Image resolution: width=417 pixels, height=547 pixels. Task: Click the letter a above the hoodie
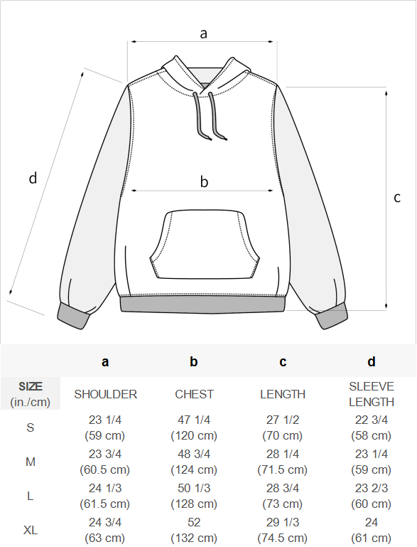click(x=203, y=34)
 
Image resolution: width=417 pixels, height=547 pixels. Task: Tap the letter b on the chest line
click(x=204, y=181)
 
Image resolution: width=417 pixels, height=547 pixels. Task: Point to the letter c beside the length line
click(x=397, y=198)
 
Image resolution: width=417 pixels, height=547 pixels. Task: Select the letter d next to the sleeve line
click(x=33, y=178)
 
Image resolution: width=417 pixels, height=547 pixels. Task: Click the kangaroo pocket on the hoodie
click(x=205, y=245)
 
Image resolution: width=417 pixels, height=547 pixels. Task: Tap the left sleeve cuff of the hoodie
click(x=73, y=316)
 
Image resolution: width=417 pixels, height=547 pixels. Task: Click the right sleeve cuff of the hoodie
click(x=331, y=316)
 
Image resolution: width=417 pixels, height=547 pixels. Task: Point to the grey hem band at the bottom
click(x=202, y=304)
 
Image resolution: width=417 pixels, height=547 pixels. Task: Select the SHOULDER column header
click(x=106, y=394)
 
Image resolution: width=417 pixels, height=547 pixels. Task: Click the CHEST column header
click(x=194, y=394)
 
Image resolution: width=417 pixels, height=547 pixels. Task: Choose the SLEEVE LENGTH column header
click(x=372, y=394)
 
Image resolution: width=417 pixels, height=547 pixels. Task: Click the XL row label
click(x=31, y=530)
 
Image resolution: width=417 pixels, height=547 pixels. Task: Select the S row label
click(x=31, y=427)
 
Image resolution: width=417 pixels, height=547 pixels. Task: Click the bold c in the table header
click(x=283, y=362)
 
